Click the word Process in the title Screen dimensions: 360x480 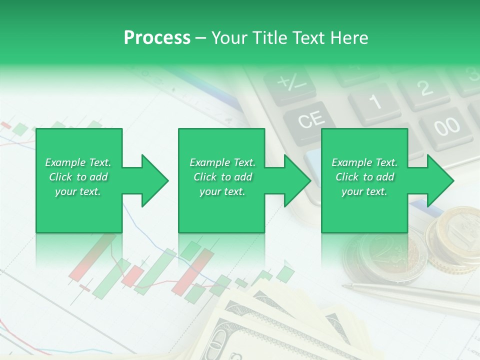(x=157, y=38)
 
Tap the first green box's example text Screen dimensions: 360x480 (x=78, y=177)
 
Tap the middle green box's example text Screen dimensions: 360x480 (x=222, y=177)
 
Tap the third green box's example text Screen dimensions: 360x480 (x=364, y=177)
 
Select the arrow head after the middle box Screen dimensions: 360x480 (x=297, y=180)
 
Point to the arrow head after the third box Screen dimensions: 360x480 (x=440, y=180)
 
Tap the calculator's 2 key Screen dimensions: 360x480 (x=424, y=88)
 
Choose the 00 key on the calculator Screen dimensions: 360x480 (x=446, y=125)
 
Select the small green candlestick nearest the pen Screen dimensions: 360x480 (x=285, y=273)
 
